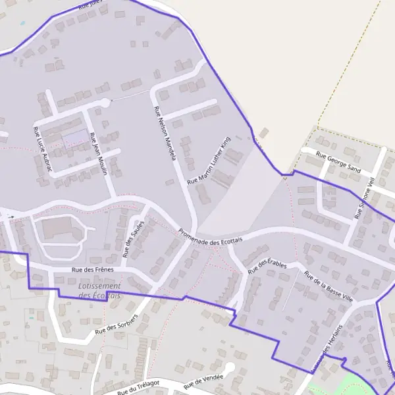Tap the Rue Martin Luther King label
pyautogui.click(x=210, y=161)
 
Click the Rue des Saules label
pyautogui.click(x=132, y=239)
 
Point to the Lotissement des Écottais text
pyautogui.click(x=99, y=291)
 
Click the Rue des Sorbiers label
pyautogui.click(x=116, y=324)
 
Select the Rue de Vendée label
pyautogui.click(x=203, y=381)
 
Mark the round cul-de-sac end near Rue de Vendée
pyautogui.click(x=229, y=367)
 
